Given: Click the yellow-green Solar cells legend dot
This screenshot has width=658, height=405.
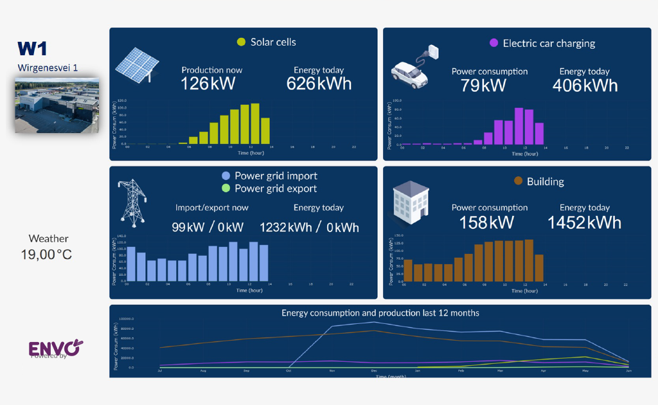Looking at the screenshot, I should click(x=241, y=42).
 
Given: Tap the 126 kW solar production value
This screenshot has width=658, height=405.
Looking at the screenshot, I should click(x=208, y=84).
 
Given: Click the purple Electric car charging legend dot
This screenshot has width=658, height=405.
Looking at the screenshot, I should click(x=493, y=44).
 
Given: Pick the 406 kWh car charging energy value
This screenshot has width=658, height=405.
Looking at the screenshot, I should click(x=584, y=85).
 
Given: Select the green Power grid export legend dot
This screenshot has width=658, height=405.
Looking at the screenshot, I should click(x=225, y=188).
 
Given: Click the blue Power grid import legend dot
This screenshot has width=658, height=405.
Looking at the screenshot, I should click(x=225, y=175).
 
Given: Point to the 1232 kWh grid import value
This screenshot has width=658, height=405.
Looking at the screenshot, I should click(x=285, y=227).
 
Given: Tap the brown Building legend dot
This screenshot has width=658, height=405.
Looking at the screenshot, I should click(x=518, y=182).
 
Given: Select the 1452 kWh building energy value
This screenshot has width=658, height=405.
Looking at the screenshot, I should click(x=584, y=222).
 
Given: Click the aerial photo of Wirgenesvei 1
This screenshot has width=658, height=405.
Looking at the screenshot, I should click(x=57, y=105).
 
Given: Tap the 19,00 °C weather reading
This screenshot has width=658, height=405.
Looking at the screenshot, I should click(x=46, y=255).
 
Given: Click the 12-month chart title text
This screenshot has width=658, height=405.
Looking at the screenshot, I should click(x=380, y=313).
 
